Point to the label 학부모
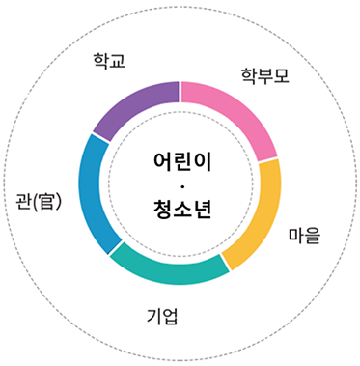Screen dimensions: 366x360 264,73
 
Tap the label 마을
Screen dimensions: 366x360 305,235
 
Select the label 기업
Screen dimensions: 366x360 162,315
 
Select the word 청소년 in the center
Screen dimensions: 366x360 181,207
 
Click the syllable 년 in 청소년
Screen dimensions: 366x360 201,207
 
